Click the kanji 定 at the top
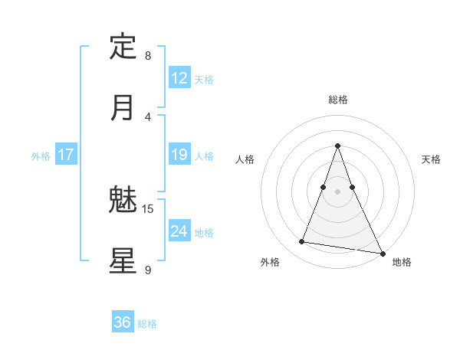coord(123,47)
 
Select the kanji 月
coord(123,108)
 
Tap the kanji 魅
coord(123,200)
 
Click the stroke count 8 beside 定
coord(148,56)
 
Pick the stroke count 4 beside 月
coord(148,117)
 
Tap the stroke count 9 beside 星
coord(148,270)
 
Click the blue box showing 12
coord(179,78)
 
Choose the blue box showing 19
coord(179,155)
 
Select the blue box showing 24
coord(179,231)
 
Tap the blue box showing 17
coord(66,155)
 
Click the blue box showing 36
coord(123,322)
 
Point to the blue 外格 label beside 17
coord(41,156)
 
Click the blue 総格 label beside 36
coord(147,324)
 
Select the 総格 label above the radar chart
coord(338,100)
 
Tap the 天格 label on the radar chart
coord(431,159)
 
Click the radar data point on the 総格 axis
coord(338,146)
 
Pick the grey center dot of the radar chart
coord(338,191)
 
